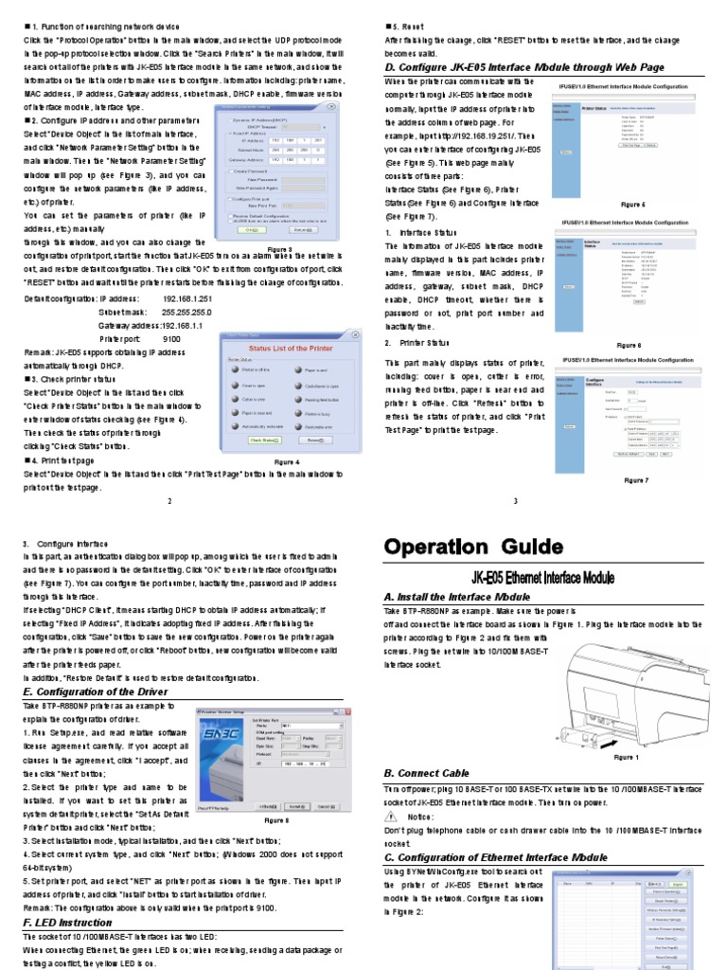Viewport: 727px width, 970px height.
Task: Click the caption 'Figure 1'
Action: [626, 757]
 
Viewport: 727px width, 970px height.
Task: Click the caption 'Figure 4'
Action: [285, 461]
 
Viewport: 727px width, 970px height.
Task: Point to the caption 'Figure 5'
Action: [631, 204]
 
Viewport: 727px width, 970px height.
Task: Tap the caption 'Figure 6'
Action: [629, 345]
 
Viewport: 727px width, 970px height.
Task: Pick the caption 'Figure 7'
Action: [635, 480]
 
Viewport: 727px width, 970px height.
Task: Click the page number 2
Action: [169, 501]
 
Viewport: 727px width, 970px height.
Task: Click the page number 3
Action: [516, 501]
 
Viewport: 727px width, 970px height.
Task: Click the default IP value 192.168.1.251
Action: [186, 298]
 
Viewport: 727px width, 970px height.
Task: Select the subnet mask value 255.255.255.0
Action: [186, 312]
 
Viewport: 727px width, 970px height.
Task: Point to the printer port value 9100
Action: [171, 338]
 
